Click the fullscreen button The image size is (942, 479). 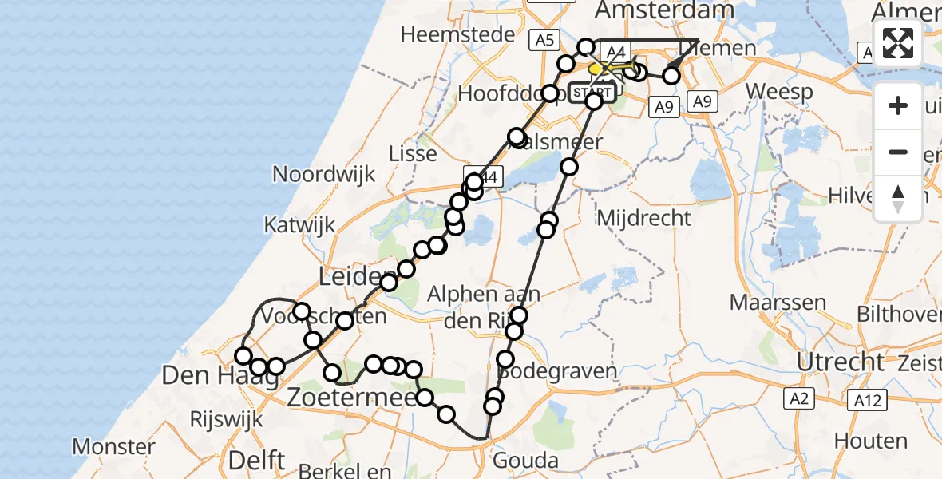pyautogui.click(x=898, y=43)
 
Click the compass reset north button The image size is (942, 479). pyautogui.click(x=898, y=199)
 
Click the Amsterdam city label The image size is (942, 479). pyautogui.click(x=664, y=10)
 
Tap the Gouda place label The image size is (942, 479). pyautogui.click(x=524, y=460)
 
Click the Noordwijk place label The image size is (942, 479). pyautogui.click(x=323, y=174)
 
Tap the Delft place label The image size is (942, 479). pyautogui.click(x=256, y=460)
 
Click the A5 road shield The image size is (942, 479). pyautogui.click(x=545, y=40)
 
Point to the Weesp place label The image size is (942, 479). pyautogui.click(x=782, y=92)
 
